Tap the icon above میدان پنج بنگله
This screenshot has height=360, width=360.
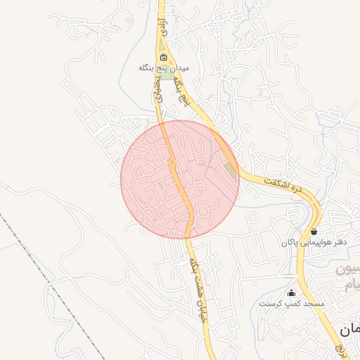pyautogui.click(x=164, y=58)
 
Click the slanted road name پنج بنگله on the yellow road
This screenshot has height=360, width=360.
pyautogui.click(x=184, y=91)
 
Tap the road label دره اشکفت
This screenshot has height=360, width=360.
pyautogui.click(x=287, y=186)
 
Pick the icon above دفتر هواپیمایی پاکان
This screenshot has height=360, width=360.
pyautogui.click(x=313, y=231)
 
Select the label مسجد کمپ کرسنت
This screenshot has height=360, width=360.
pyautogui.click(x=292, y=304)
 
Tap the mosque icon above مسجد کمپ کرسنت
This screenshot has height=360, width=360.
pyautogui.click(x=291, y=292)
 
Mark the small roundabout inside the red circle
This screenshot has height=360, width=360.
pyautogui.click(x=172, y=162)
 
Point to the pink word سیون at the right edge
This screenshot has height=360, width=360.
pyautogui.click(x=347, y=269)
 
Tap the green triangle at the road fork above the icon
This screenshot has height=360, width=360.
pyautogui.click(x=163, y=48)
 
